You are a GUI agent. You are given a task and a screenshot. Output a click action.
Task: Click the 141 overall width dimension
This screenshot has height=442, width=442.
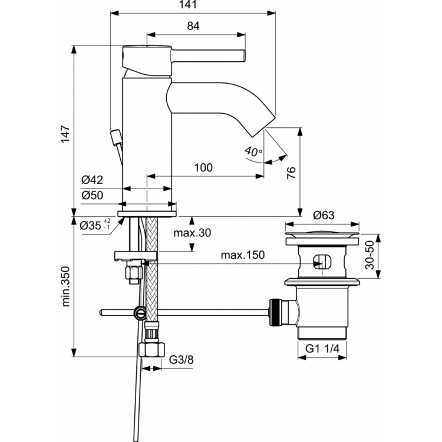[194, 5]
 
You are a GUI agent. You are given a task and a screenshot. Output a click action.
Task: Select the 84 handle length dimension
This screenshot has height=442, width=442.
[194, 26]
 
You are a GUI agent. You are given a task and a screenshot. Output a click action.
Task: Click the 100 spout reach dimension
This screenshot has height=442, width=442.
[203, 168]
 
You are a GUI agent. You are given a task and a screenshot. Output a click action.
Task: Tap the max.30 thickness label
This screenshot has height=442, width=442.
[192, 233]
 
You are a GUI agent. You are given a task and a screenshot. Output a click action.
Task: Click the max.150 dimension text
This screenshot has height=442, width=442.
[242, 255]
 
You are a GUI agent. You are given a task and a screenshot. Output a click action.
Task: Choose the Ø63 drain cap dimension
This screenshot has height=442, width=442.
[323, 216]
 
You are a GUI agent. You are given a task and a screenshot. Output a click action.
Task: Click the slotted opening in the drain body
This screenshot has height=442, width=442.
[322, 261]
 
